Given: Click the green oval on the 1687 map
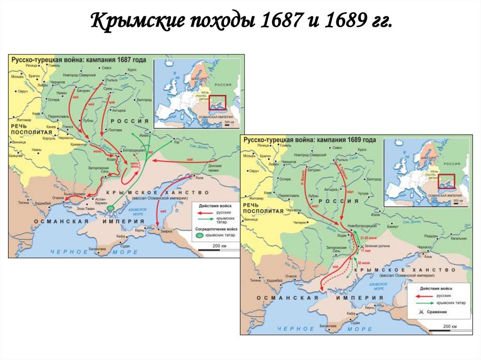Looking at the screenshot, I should tap(111, 207).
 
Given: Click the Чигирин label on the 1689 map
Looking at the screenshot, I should tap(299, 222).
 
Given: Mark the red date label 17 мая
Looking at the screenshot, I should tap(365, 250).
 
